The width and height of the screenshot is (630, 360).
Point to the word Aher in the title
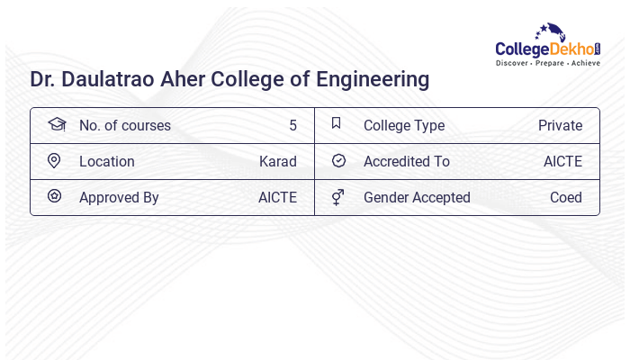click(x=183, y=79)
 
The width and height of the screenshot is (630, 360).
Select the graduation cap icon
click(x=56, y=124)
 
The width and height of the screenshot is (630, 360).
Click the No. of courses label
click(x=124, y=125)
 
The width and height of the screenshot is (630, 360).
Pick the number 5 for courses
click(x=292, y=125)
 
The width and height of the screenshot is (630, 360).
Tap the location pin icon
click(x=54, y=160)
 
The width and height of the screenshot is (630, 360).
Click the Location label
click(x=107, y=161)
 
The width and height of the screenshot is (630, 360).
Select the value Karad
click(x=277, y=161)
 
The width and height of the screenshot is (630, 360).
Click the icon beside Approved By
click(x=54, y=196)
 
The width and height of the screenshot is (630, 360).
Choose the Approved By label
click(x=119, y=197)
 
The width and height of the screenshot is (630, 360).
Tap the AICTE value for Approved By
click(x=277, y=197)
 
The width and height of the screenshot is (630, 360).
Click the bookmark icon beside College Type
click(x=336, y=123)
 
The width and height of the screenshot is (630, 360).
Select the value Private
click(x=560, y=125)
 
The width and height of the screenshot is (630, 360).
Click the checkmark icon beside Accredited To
click(x=338, y=160)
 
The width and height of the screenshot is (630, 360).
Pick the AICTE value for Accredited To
click(x=562, y=161)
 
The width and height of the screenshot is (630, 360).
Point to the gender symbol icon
click(x=337, y=196)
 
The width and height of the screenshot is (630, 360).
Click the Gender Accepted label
click(x=417, y=197)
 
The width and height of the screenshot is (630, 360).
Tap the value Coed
click(x=566, y=197)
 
